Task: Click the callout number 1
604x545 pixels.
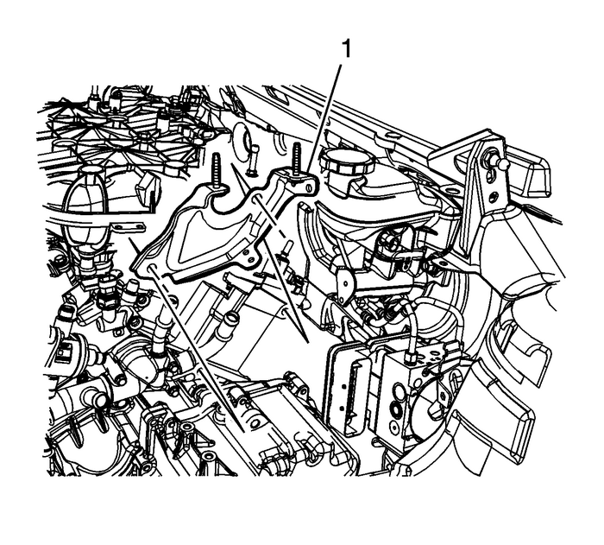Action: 346,49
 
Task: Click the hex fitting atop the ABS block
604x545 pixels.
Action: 410,357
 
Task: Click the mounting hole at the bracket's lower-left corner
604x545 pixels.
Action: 151,267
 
